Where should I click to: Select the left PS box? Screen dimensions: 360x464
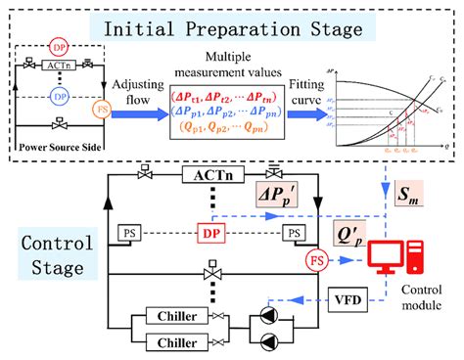pyautogui.click(x=128, y=233)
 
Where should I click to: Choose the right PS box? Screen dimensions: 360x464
pyautogui.click(x=291, y=233)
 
